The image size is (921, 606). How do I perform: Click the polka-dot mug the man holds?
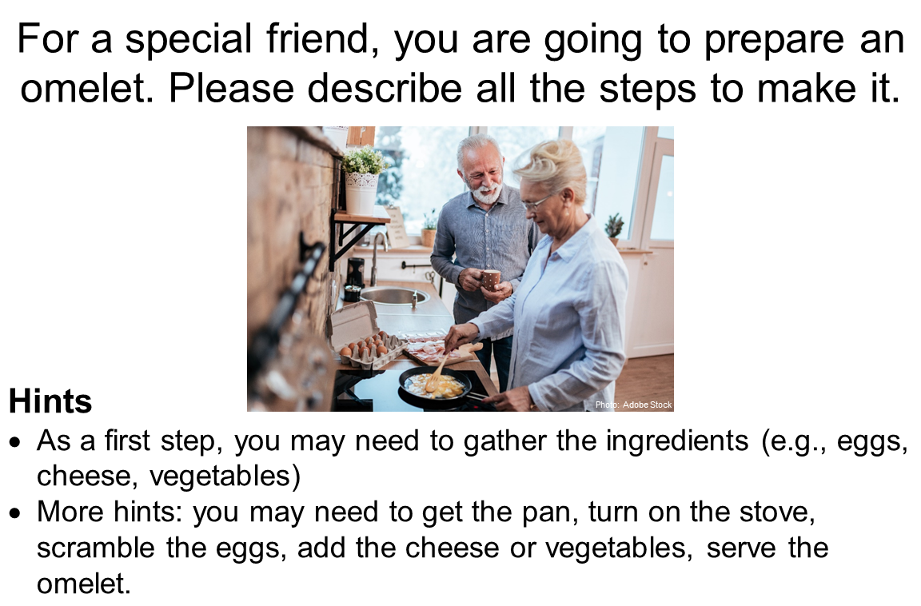pyautogui.click(x=490, y=279)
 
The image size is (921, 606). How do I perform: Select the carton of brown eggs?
pyautogui.click(x=364, y=349)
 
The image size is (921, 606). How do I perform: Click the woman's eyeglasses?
pyautogui.click(x=536, y=202)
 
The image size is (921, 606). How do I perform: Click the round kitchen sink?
pyautogui.click(x=394, y=296)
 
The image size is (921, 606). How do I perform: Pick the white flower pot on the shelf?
pyautogui.click(x=362, y=191)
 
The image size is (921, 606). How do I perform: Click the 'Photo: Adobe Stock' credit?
pyautogui.click(x=633, y=405)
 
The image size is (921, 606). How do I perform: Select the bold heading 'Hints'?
pyautogui.click(x=50, y=401)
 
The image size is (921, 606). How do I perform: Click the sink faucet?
pyautogui.click(x=375, y=256)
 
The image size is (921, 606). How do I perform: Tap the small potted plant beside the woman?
pyautogui.click(x=614, y=229)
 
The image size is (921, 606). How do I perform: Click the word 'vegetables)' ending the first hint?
pyautogui.click(x=226, y=476)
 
